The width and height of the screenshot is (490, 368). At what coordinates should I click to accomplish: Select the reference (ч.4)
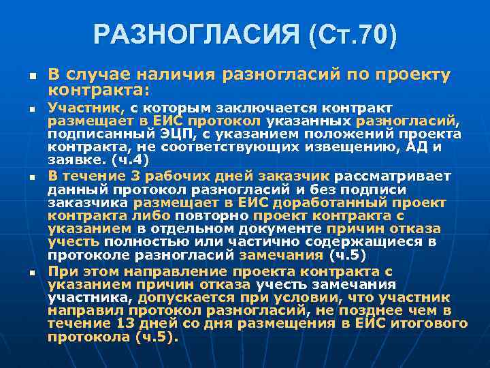pyautogui.click(x=129, y=160)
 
